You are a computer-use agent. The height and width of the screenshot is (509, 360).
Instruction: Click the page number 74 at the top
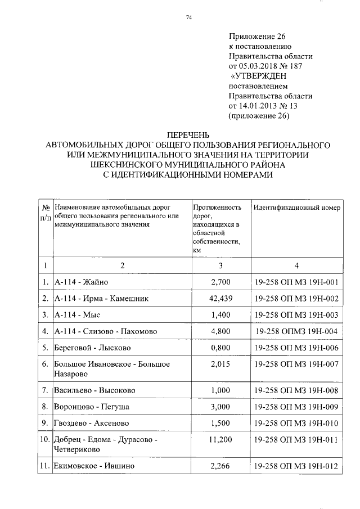[189, 18]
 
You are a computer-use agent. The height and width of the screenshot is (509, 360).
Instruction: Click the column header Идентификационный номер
[296, 208]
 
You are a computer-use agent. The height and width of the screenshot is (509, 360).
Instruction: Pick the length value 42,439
[220, 298]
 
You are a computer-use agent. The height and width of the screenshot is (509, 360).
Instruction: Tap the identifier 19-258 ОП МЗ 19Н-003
[296, 314]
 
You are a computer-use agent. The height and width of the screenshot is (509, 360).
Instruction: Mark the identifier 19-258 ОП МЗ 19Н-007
[296, 364]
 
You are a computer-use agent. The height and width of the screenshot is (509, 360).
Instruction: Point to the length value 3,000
[220, 406]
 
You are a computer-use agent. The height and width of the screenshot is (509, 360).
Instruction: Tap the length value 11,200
[220, 439]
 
